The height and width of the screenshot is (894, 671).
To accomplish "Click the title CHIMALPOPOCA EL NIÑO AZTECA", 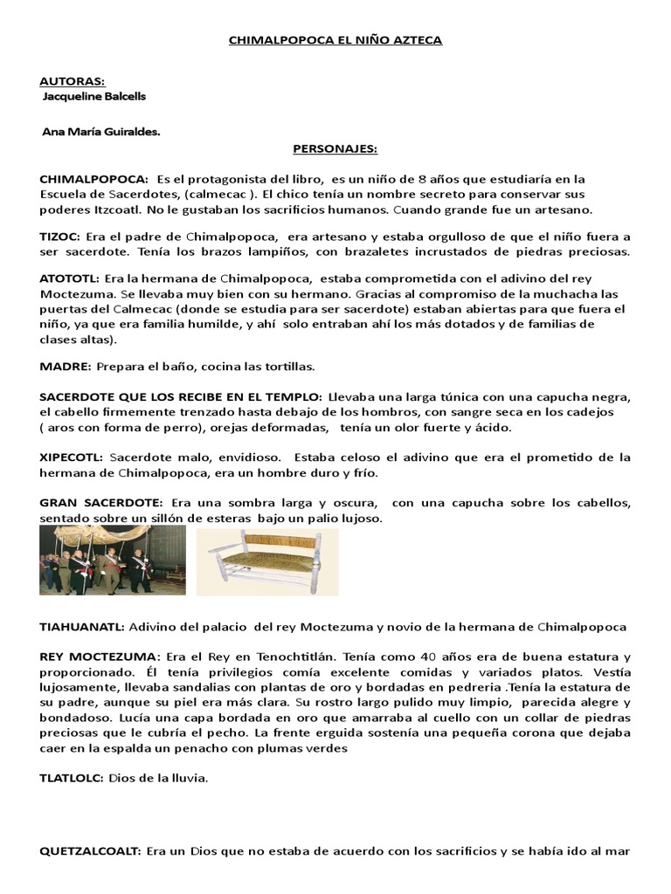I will (335, 40).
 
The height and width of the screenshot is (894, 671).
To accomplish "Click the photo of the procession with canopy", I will (112, 560).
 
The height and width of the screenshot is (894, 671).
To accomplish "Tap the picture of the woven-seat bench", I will (273, 560).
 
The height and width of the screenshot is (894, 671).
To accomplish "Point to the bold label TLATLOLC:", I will (72, 778).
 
